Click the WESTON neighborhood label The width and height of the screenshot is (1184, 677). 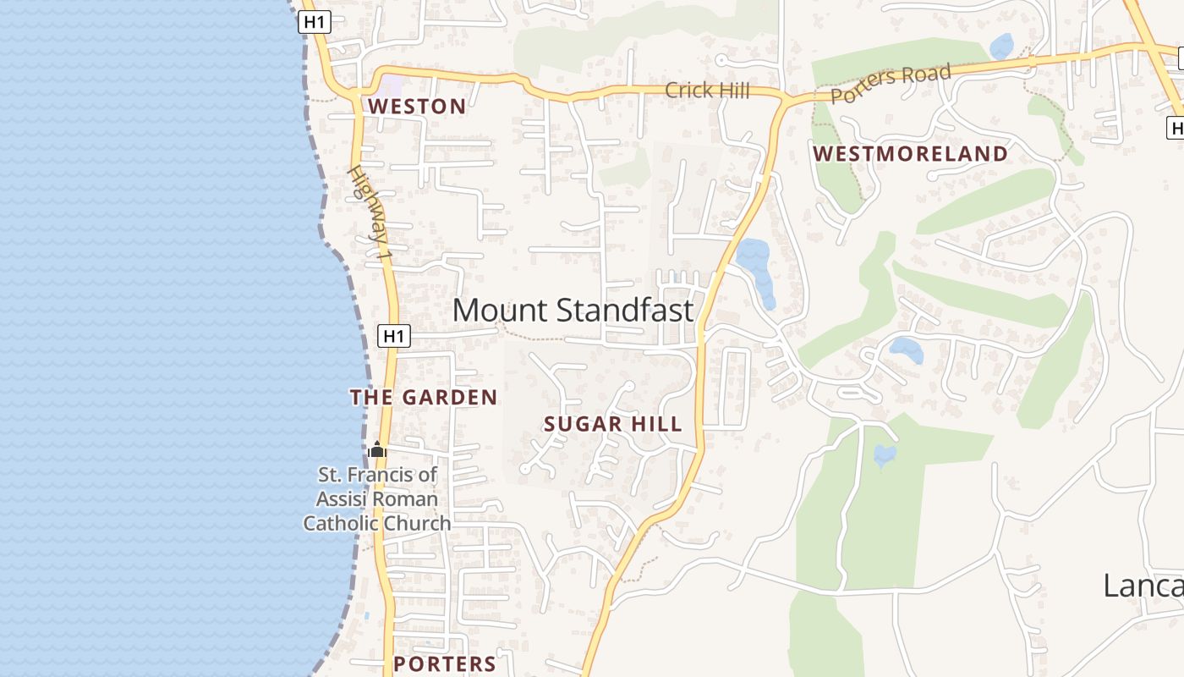[417, 107]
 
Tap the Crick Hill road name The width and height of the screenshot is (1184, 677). [707, 90]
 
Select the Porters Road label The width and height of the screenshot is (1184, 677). [891, 84]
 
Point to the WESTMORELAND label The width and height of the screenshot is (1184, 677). [910, 154]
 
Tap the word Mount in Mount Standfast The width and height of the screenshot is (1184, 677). [500, 311]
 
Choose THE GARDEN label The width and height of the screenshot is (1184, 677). [424, 398]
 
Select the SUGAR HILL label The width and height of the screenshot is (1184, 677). [612, 425]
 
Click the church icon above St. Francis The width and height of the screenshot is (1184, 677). [377, 450]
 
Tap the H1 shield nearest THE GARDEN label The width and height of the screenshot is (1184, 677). [393, 336]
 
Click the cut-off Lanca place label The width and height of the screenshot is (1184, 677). [1142, 586]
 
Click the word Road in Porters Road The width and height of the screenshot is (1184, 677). [925, 76]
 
